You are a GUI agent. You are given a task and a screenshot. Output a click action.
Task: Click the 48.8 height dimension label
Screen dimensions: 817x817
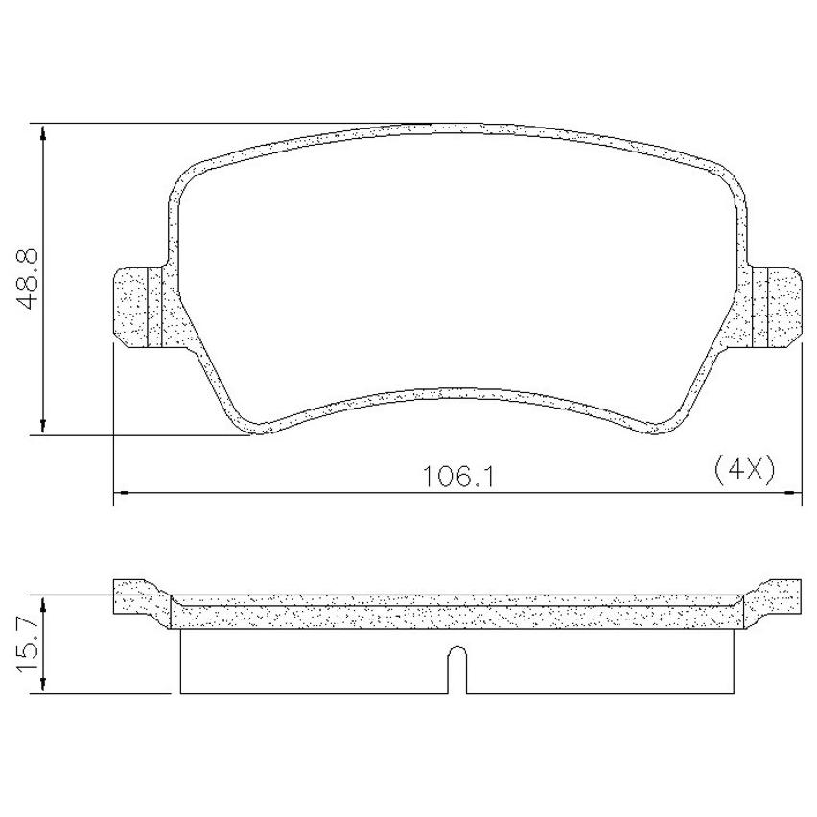click(27, 279)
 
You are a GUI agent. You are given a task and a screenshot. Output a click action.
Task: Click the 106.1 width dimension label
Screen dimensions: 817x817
click(457, 477)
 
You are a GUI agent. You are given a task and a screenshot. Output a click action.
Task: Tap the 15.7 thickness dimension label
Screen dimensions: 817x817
click(27, 643)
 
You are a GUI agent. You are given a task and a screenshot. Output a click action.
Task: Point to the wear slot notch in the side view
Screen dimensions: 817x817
click(457, 669)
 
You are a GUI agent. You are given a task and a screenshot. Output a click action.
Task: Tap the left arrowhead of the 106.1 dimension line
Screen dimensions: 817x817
click(122, 491)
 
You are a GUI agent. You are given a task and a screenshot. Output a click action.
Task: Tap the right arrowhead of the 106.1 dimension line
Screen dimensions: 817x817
click(793, 491)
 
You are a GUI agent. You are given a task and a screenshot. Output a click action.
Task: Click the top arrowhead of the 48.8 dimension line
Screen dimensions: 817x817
click(44, 132)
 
